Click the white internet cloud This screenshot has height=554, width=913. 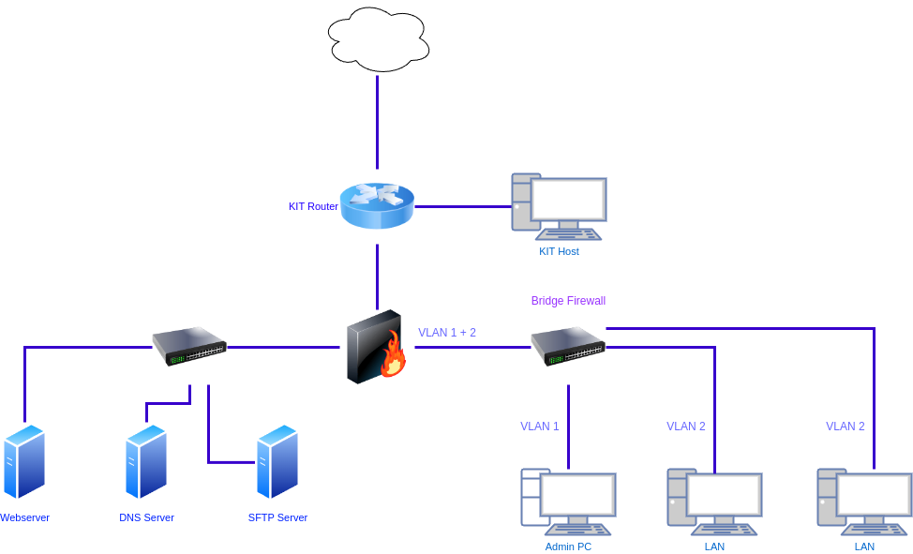379,39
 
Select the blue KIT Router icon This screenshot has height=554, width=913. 377,205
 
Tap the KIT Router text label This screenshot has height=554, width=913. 313,206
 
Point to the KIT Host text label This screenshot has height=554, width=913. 559,251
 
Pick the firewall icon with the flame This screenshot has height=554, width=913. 377,348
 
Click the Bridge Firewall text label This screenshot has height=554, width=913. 568,301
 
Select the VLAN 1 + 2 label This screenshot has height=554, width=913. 447,333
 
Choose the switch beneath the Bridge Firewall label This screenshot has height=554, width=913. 568,346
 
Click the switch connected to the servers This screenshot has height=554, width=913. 189,346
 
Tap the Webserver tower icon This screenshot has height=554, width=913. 24,461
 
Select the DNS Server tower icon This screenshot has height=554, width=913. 146,461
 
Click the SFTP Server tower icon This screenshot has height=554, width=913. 277,461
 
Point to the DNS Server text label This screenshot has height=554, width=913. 146,517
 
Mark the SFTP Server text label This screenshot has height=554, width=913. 277,517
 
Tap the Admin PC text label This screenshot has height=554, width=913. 568,547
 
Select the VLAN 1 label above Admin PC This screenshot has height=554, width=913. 540,426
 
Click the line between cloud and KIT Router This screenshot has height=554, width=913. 378,122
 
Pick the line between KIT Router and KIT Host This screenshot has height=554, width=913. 462,206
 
